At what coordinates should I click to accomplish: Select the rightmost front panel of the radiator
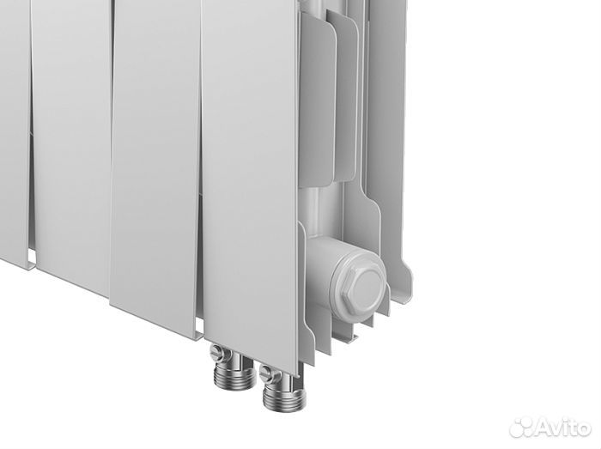(x=250, y=172)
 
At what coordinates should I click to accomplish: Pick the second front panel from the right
(x=155, y=155)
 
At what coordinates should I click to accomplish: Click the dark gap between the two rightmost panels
(x=200, y=172)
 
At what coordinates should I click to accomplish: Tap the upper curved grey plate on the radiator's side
(x=319, y=94)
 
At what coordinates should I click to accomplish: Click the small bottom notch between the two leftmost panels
(x=31, y=258)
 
